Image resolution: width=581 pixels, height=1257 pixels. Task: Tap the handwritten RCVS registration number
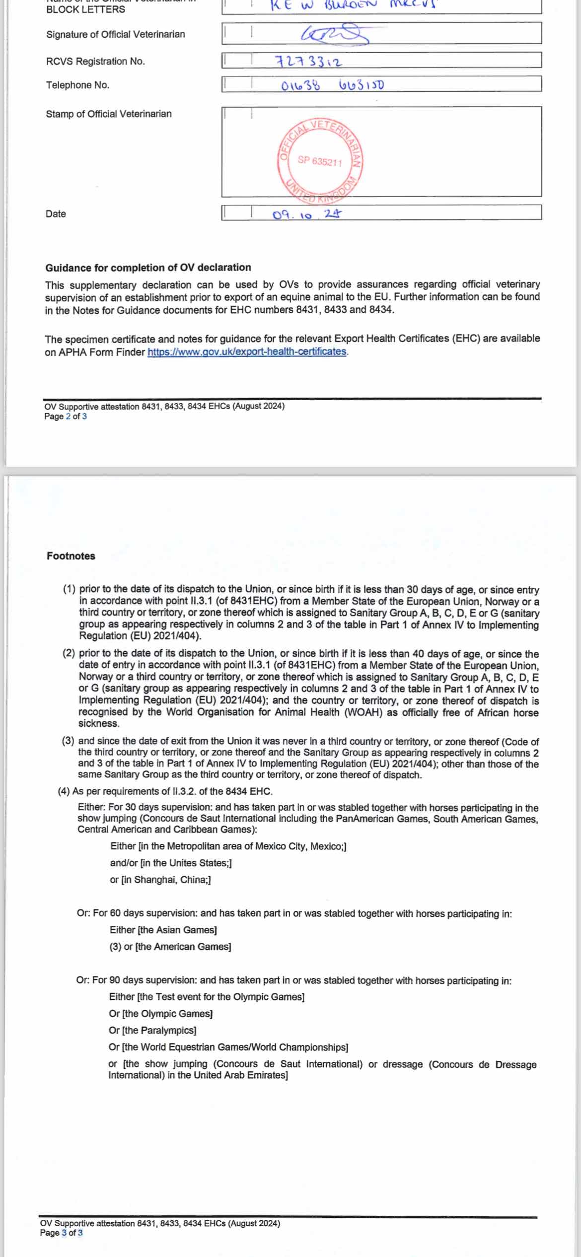click(x=308, y=62)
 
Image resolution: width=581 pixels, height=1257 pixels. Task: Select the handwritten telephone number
click(x=332, y=85)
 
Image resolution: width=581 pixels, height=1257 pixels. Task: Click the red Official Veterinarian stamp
click(x=321, y=161)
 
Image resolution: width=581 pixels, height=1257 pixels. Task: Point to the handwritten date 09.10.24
click(x=307, y=214)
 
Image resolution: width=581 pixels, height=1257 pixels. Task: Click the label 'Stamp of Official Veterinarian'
click(x=109, y=114)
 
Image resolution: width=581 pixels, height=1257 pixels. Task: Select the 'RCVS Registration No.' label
click(x=95, y=61)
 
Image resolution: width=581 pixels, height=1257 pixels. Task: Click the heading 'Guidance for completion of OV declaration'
click(x=148, y=268)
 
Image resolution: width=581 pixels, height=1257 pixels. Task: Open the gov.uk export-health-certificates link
click(x=247, y=351)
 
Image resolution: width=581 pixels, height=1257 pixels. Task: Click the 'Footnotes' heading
click(x=71, y=556)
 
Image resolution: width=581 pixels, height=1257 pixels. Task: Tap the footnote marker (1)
click(x=69, y=589)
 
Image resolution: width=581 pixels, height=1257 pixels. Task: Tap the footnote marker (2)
click(x=69, y=653)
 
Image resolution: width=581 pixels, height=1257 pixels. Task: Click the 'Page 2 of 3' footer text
click(x=65, y=417)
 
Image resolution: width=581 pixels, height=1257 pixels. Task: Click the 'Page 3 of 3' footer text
click(x=61, y=1233)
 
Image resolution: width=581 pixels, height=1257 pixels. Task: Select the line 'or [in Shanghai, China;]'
click(x=160, y=880)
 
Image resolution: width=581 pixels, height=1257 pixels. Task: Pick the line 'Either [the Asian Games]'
click(x=163, y=930)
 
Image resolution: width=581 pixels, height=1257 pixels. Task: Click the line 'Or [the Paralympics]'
click(x=152, y=1030)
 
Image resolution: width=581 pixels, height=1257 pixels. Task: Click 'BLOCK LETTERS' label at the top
click(x=85, y=9)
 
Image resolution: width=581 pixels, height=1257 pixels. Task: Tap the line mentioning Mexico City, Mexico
click(x=228, y=846)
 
